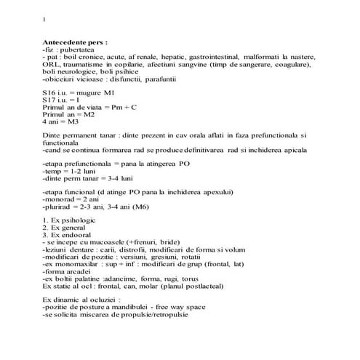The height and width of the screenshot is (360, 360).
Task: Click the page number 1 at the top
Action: (45, 19)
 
